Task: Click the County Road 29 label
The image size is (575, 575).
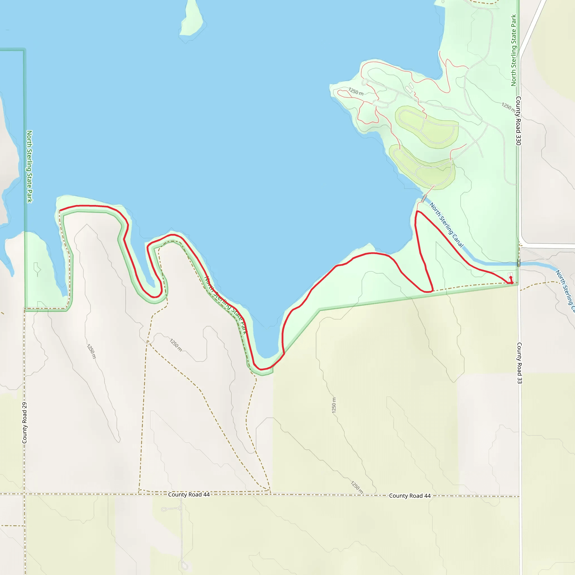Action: pos(24,423)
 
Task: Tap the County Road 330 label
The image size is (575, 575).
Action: pos(518,121)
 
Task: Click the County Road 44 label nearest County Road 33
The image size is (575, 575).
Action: pos(410,496)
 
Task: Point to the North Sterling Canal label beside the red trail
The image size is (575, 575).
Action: pos(446,225)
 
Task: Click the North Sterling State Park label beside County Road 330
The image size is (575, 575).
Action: pos(514,51)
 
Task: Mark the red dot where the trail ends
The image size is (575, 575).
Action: pos(511,277)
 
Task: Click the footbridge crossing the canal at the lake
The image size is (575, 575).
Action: pos(424,198)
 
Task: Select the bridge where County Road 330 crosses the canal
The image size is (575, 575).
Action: pos(519,263)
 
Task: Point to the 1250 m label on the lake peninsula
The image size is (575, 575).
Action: pos(356,91)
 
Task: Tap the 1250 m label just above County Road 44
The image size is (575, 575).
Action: pos(357,487)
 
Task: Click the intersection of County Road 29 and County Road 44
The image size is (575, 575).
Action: pos(24,494)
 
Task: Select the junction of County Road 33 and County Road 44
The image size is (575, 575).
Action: pos(520,496)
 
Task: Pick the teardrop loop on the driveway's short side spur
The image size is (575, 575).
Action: pos(164,510)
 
